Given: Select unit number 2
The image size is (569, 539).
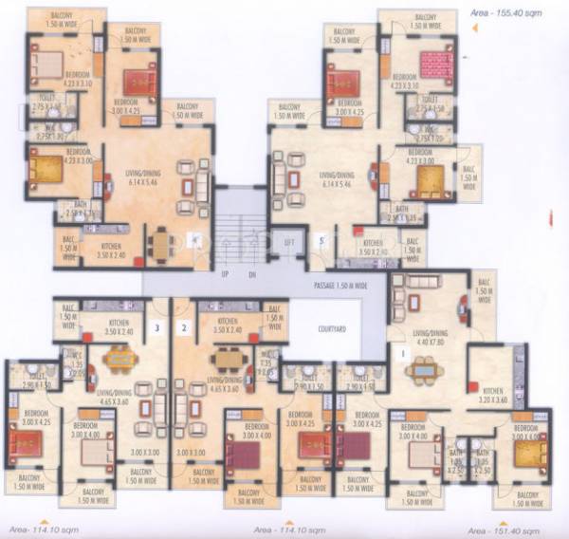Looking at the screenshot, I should coord(185,328).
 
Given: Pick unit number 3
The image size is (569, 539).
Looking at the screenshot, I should coord(156,328).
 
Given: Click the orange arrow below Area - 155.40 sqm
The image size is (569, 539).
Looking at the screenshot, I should coord(475,29).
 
